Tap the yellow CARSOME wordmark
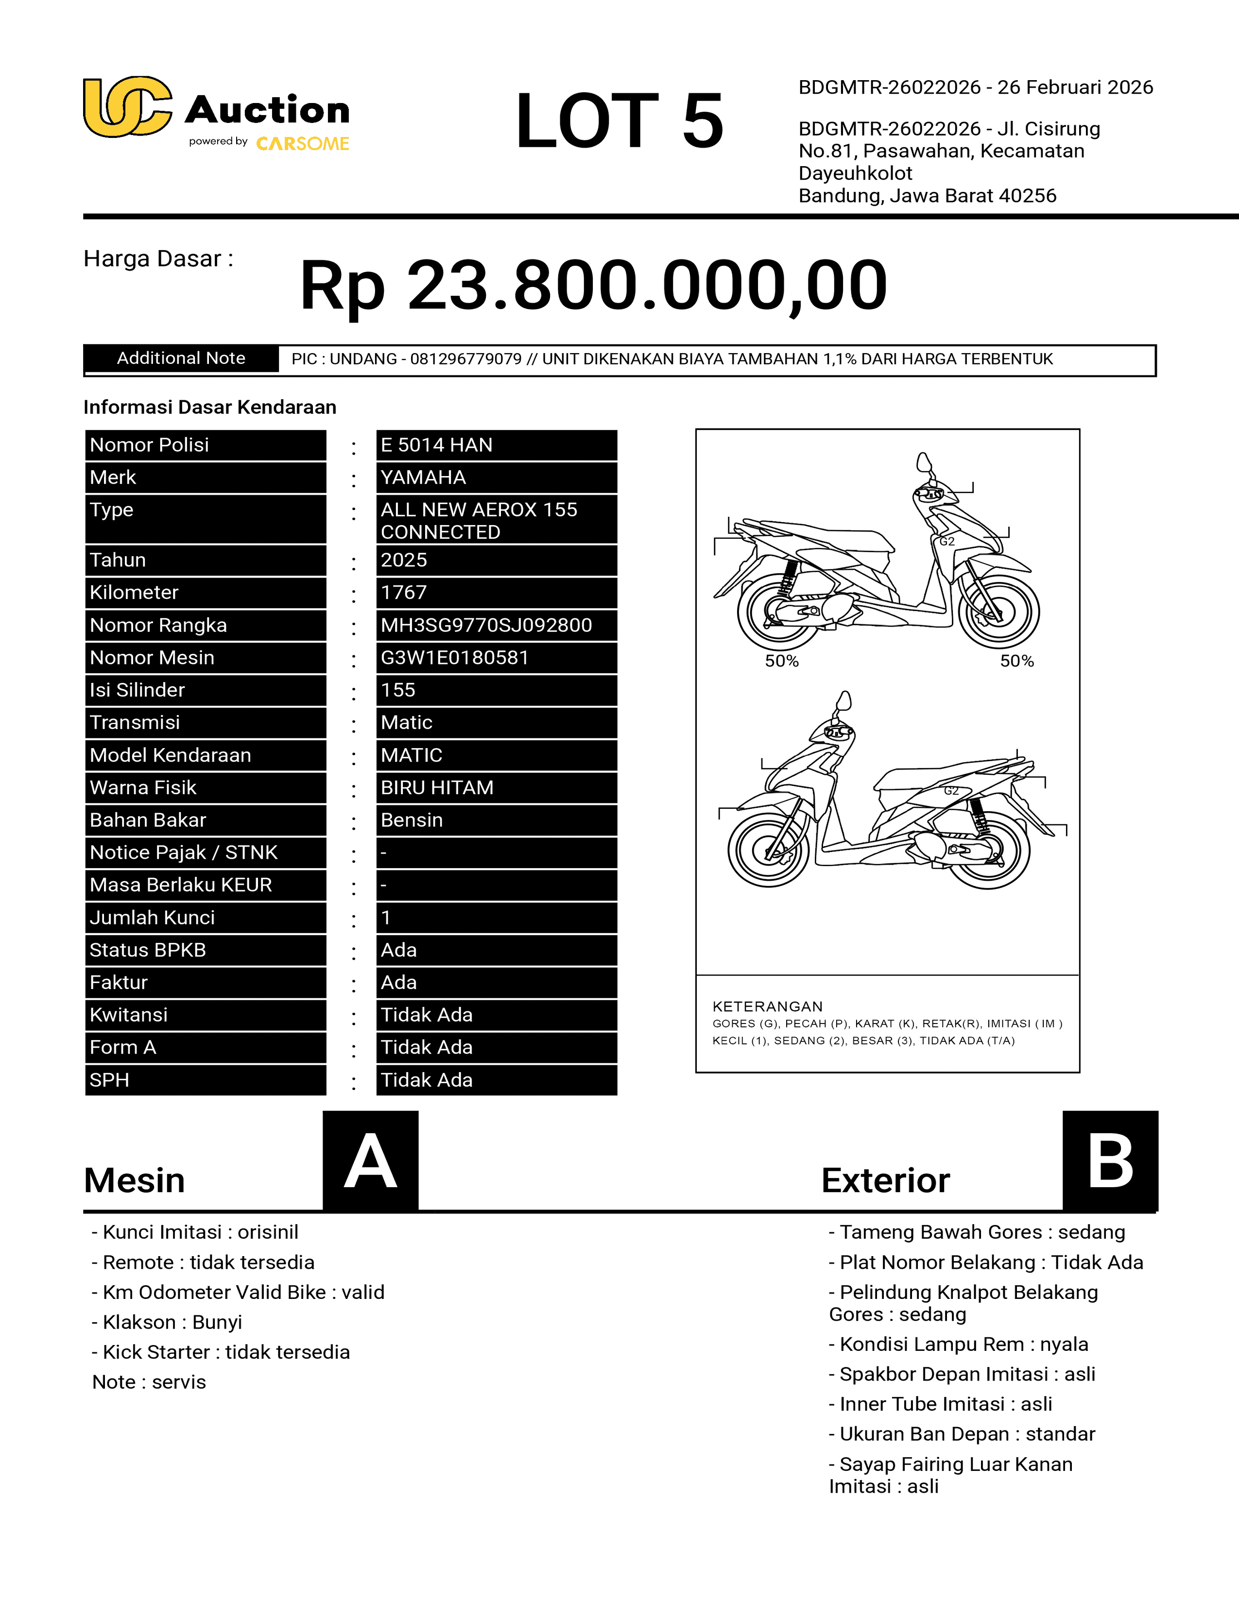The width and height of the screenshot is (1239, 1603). pos(302,144)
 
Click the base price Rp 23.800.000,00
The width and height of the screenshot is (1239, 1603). pos(593,286)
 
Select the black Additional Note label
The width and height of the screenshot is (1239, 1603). pos(181,358)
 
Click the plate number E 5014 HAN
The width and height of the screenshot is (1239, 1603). pos(436,445)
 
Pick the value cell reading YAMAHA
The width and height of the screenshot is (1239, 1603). pos(423,477)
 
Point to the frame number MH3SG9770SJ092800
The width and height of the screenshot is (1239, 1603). pos(486,625)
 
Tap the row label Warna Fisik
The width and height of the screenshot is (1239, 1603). pos(143,787)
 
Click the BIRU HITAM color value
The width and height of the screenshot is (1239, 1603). pos(437,787)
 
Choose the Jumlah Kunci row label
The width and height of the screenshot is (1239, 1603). pos(152,918)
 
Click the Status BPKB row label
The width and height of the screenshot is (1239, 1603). pos(148,950)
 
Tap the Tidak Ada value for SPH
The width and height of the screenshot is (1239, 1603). pos(427,1080)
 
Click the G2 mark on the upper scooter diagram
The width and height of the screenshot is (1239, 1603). pos(947,541)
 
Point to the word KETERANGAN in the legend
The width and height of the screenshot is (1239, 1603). pos(767,1006)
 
